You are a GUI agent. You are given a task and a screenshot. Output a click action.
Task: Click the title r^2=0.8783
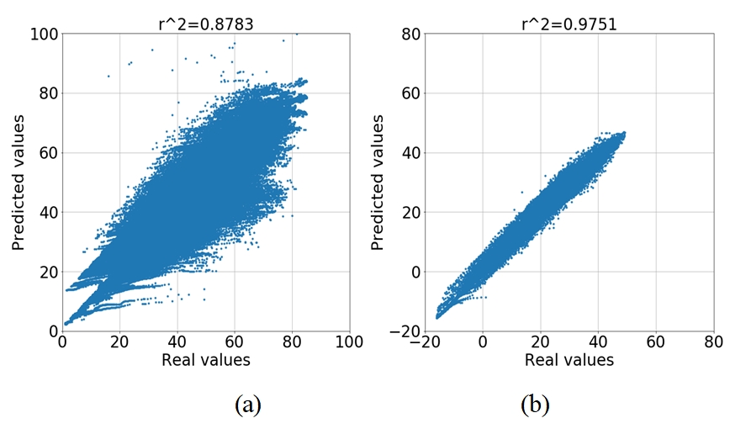pyautogui.click(x=205, y=24)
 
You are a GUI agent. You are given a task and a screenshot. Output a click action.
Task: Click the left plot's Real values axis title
pyautogui.click(x=205, y=360)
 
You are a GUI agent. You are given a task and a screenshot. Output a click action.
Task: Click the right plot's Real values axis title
pyautogui.click(x=569, y=360)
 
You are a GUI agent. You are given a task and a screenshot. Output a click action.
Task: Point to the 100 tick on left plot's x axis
pyautogui.click(x=348, y=343)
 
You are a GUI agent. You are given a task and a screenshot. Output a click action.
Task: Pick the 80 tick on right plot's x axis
pyautogui.click(x=713, y=343)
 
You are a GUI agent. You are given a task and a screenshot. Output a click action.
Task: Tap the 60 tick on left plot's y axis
pyautogui.click(x=46, y=153)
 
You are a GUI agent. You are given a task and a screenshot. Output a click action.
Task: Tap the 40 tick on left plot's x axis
pyautogui.click(x=177, y=343)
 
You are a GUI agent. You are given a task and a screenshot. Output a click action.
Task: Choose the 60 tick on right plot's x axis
pyautogui.click(x=655, y=343)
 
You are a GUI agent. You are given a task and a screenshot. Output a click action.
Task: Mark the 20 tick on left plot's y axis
pyautogui.click(x=46, y=272)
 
